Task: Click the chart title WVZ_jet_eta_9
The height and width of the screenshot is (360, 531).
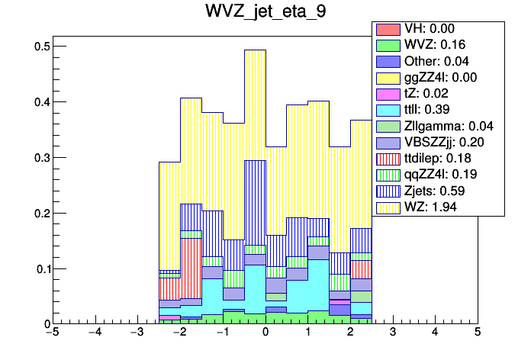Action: (x=265, y=13)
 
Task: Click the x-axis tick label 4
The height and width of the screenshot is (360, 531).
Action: (x=435, y=333)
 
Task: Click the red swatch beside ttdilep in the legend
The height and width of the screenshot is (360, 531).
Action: (x=387, y=158)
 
